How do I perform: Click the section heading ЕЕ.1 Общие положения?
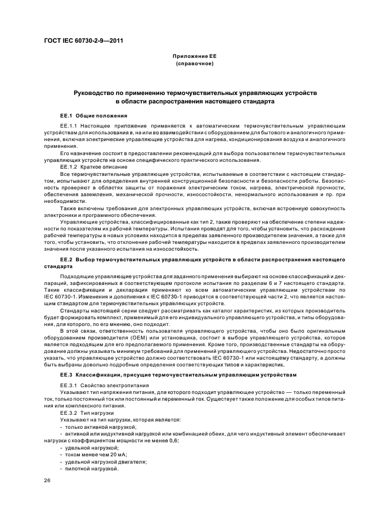point(86,115)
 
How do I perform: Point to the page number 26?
point(47,481)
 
